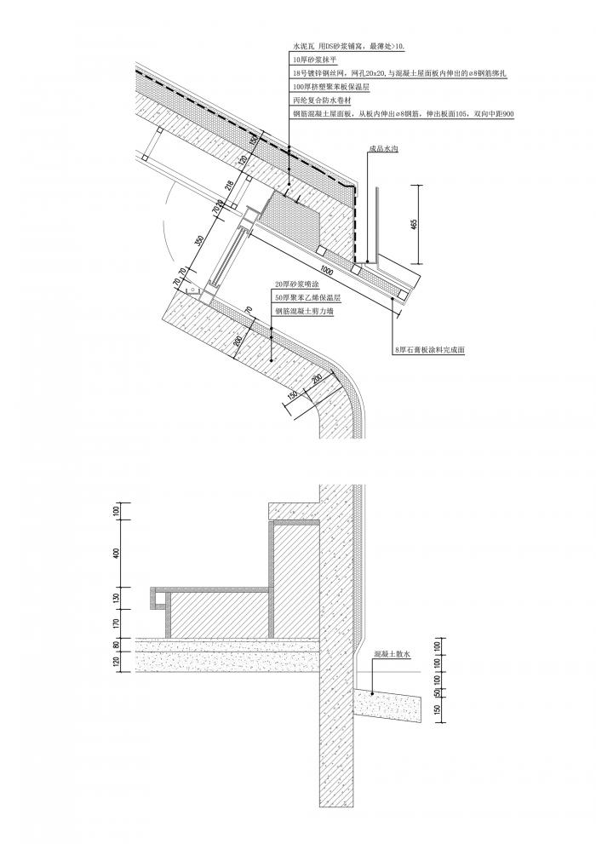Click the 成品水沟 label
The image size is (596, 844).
coord(385,149)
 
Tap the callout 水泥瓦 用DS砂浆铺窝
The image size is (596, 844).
coord(349,44)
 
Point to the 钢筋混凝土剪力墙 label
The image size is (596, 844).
coord(305,312)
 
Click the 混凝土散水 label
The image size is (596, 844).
coord(393,654)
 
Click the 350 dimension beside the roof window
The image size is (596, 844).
coord(199,241)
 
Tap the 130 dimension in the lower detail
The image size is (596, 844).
coord(117,598)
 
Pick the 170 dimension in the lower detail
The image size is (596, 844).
coord(117,623)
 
